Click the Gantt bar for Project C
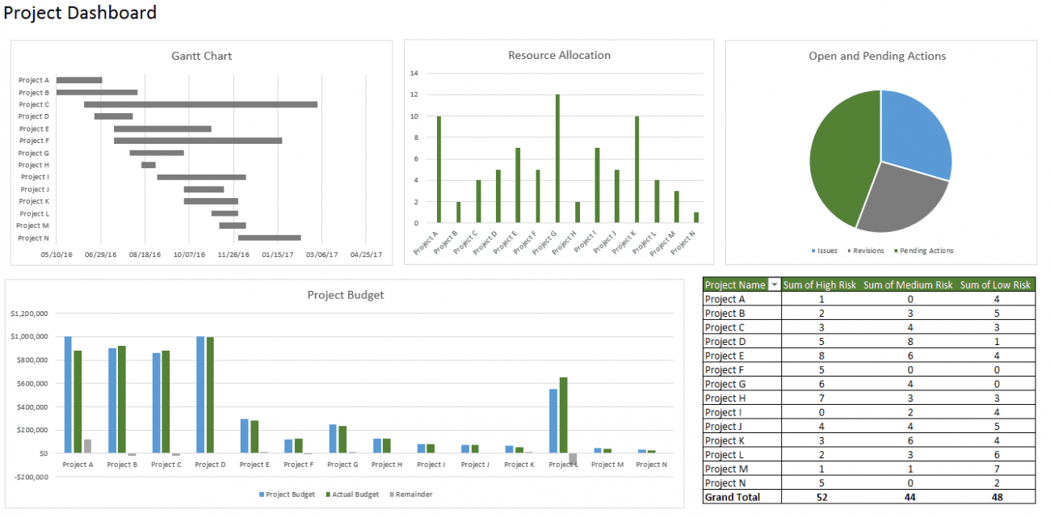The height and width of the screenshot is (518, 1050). point(200,104)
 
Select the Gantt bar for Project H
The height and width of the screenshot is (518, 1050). point(149,165)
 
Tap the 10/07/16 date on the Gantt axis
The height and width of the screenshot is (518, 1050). point(190,255)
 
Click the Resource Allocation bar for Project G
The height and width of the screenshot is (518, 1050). point(557,158)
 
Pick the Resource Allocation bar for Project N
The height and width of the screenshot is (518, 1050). point(696,217)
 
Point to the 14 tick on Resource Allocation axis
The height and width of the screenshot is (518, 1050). point(414,73)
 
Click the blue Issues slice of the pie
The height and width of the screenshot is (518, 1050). point(913,133)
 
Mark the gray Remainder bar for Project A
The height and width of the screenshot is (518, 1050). point(87,446)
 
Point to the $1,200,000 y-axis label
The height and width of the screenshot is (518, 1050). point(29,313)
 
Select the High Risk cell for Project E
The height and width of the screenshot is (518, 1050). point(821,356)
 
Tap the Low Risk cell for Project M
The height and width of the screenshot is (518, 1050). point(996,469)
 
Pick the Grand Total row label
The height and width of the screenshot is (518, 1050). point(732,497)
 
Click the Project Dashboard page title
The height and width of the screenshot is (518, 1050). point(80,13)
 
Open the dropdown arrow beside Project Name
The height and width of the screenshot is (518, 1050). point(775,284)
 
